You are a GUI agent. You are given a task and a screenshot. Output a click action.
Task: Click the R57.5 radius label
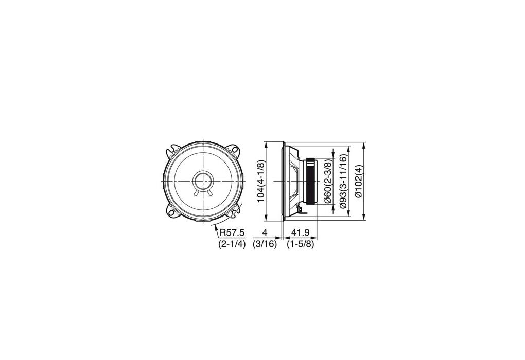click(232, 232)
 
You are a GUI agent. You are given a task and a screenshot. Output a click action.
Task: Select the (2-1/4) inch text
click(232, 244)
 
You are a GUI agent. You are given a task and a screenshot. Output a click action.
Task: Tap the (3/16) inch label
click(265, 244)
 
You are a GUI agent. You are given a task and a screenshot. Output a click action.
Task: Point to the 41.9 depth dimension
click(301, 232)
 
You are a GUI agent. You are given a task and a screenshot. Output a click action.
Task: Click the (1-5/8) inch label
click(301, 244)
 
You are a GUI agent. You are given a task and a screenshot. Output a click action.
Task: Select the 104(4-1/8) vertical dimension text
click(261, 181)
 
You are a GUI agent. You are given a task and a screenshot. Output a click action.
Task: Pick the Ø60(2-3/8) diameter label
click(328, 181)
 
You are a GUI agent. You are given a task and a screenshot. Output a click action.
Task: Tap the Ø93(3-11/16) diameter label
click(343, 181)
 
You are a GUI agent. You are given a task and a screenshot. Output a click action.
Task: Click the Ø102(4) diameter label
click(359, 181)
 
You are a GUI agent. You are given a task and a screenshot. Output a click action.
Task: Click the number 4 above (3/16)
click(265, 232)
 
